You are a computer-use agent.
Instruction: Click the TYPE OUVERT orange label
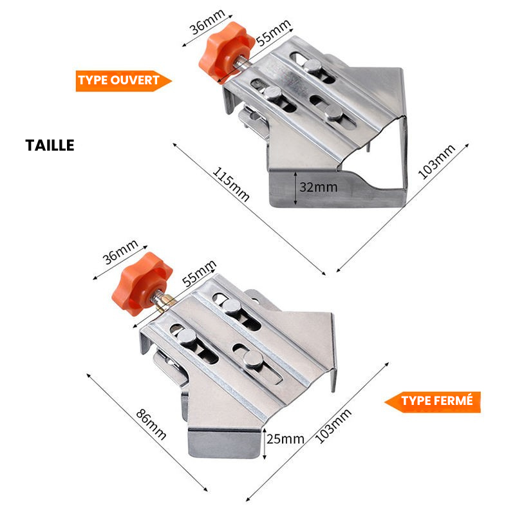(123, 81)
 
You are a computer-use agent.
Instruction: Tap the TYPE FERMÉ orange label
(433, 402)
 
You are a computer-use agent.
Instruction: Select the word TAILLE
(50, 145)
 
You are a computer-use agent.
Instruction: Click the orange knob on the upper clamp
(227, 52)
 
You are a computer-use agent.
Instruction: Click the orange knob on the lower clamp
(142, 284)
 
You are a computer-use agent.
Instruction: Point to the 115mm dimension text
(231, 184)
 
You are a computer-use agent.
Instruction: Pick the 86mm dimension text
(151, 424)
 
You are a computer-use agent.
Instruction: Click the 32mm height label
(318, 187)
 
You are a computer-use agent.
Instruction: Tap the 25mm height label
(285, 439)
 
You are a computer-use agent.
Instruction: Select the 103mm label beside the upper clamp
(436, 162)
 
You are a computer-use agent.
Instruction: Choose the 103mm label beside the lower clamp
(333, 426)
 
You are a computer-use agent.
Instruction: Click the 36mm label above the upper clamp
(207, 22)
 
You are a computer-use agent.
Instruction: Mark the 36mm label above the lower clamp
(120, 252)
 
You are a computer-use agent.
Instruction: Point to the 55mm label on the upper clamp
(273, 33)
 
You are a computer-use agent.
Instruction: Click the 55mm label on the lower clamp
(199, 273)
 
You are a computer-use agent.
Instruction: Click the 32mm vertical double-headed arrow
(295, 188)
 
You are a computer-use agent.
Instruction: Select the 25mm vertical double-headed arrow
(265, 444)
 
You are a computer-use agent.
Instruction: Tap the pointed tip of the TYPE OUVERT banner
(172, 81)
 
